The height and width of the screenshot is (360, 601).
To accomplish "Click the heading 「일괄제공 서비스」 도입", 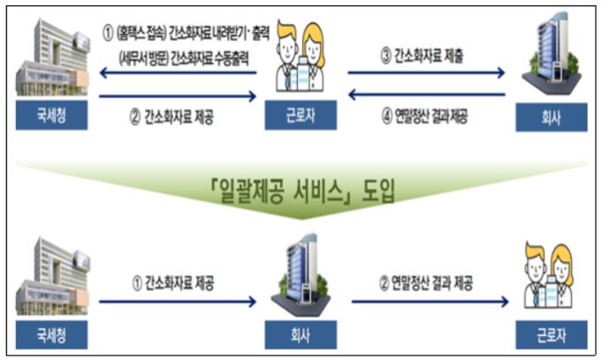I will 301,189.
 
